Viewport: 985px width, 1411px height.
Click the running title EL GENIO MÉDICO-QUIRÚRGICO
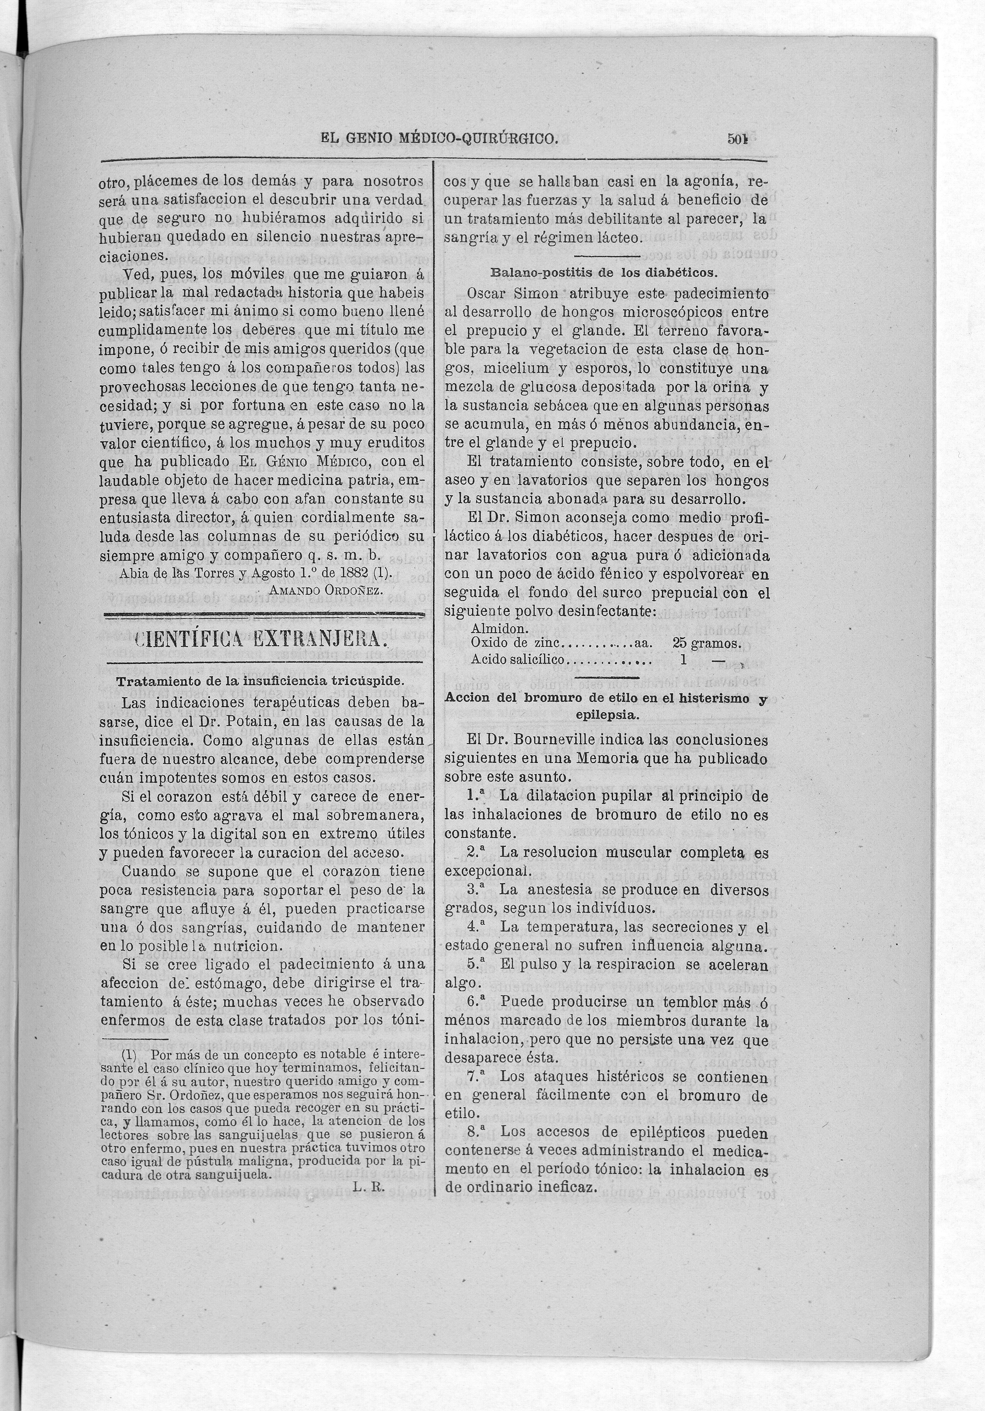pyautogui.click(x=439, y=139)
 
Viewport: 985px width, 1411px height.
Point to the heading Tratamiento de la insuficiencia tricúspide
pyautogui.click(x=261, y=681)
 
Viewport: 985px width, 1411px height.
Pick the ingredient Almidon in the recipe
pyautogui.click(x=500, y=629)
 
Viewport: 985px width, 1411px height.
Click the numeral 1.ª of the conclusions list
pyautogui.click(x=479, y=796)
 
